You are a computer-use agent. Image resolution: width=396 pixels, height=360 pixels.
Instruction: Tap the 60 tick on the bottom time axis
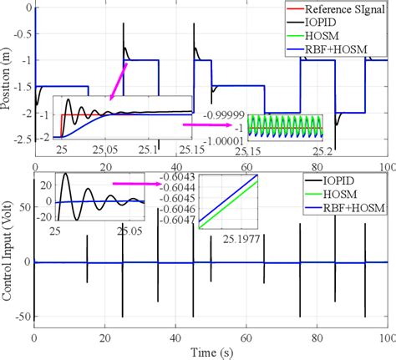246,338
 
